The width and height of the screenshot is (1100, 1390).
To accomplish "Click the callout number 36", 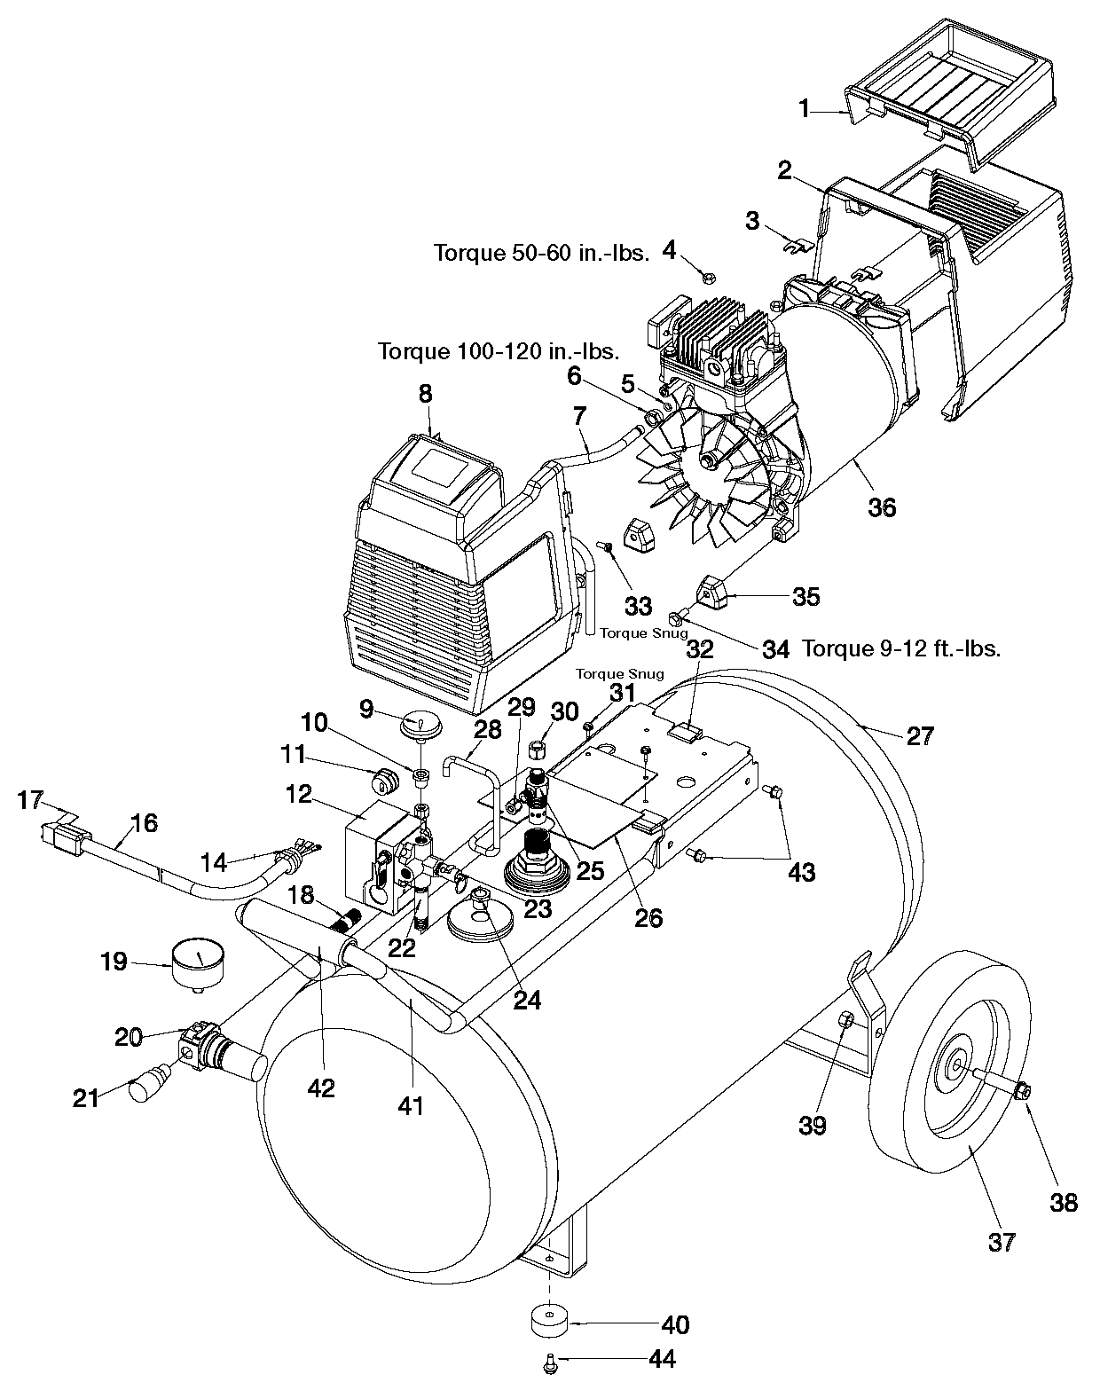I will tap(882, 507).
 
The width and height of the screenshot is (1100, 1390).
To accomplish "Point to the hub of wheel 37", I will tap(960, 1061).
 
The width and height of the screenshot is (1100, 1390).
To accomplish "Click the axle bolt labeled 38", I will tap(1021, 1089).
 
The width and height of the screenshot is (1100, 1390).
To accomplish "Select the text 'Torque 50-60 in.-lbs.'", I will tap(541, 254).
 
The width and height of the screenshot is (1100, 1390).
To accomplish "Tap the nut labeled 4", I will tap(708, 278).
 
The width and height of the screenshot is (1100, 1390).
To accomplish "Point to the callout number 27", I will tap(920, 736).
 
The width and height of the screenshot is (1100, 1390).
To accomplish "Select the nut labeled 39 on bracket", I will tap(845, 1020).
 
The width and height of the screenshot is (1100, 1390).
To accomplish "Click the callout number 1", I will tap(805, 109).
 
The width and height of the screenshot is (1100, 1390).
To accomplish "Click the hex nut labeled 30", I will tap(538, 747).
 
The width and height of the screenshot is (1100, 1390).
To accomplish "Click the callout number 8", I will tap(425, 393).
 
